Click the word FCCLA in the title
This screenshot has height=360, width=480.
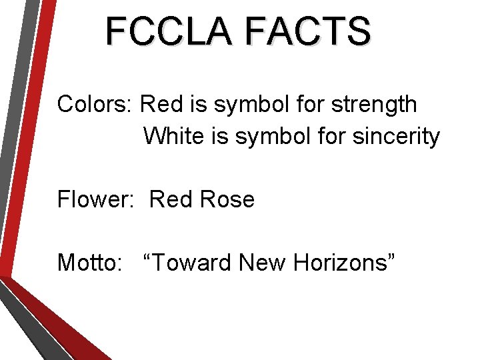[171, 31]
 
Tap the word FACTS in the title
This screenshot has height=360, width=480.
[307, 31]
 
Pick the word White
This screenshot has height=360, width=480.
[170, 137]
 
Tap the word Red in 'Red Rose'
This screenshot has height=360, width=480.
[167, 199]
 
